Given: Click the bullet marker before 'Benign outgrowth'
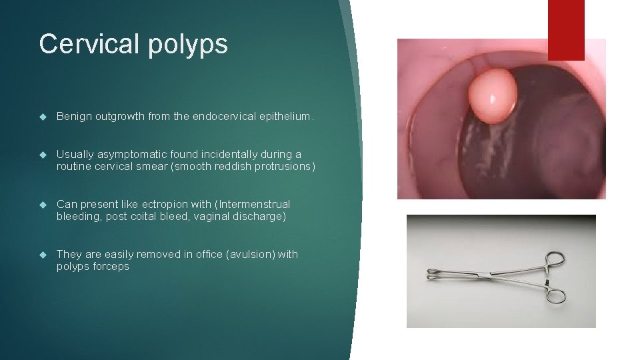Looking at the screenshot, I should [x=43, y=117].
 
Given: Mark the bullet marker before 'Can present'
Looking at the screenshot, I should [x=43, y=205].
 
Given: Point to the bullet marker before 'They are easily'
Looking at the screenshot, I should [x=43, y=255].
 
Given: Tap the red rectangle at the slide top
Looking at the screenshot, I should [x=565, y=29].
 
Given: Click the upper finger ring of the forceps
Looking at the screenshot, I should [x=555, y=259].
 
